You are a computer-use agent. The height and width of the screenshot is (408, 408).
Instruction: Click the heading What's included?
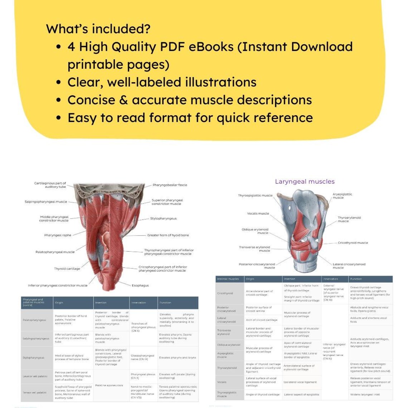pyautogui.click(x=98, y=29)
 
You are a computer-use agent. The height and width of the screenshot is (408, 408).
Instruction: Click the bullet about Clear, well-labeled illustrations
pyautogui.click(x=162, y=82)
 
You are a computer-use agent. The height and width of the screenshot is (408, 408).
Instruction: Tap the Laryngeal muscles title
pyautogui.click(x=305, y=181)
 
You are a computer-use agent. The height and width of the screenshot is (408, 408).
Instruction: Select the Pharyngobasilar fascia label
pyautogui.click(x=170, y=185)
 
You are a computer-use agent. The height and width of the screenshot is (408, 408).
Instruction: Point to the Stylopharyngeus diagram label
pyautogui.click(x=163, y=218)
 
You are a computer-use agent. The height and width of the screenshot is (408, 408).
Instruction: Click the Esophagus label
pyautogui.click(x=140, y=286)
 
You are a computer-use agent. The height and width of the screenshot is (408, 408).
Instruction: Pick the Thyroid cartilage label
pyautogui.click(x=67, y=269)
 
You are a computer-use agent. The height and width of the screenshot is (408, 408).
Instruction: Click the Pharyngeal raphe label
pyautogui.click(x=58, y=235)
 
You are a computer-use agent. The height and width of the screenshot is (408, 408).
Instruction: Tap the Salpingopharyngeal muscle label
pyautogui.click(x=46, y=202)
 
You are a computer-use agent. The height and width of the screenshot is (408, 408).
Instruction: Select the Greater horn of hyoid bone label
pyautogui.click(x=168, y=235)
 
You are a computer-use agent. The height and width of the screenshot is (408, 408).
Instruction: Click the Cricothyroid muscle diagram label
pyautogui.click(x=353, y=243)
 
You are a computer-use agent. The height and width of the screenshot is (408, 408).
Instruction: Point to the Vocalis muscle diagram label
pyautogui.click(x=258, y=213)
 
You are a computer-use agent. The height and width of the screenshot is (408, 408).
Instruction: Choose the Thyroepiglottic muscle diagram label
pyautogui.click(x=255, y=195)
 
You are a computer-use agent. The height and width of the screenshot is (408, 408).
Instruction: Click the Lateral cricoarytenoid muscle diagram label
pyautogui.click(x=349, y=266)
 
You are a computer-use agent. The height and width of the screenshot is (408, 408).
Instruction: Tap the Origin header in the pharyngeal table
pyautogui.click(x=59, y=303)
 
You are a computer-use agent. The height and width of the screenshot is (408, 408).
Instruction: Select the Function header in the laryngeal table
pyautogui.click(x=356, y=279)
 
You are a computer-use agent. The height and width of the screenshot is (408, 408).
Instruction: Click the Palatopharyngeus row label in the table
pyautogui.click(x=34, y=320)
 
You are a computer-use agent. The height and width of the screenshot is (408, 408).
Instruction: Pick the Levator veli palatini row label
pyautogui.click(x=35, y=376)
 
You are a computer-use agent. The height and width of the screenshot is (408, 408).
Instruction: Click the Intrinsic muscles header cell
pyautogui.click(x=228, y=279)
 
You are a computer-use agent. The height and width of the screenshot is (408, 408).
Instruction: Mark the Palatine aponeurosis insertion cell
pyautogui.click(x=109, y=385)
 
